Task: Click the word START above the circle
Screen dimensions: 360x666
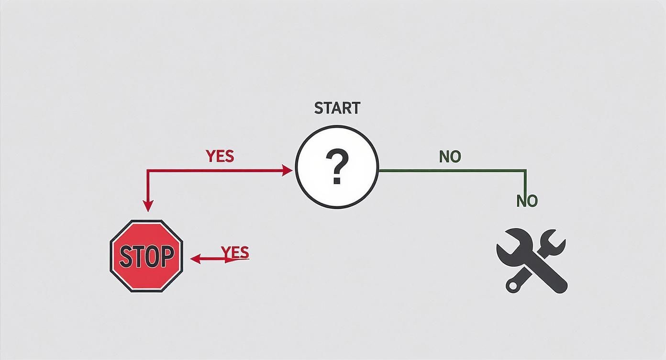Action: (x=337, y=108)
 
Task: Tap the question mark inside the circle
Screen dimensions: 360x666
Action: (x=337, y=166)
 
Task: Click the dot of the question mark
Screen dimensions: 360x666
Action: (x=337, y=180)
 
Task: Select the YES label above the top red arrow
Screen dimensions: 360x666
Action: (x=220, y=156)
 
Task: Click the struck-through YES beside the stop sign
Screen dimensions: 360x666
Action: (x=235, y=252)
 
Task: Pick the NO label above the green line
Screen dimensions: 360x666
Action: (x=450, y=157)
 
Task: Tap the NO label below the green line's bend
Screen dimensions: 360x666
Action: (x=527, y=201)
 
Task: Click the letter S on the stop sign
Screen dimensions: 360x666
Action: (x=125, y=257)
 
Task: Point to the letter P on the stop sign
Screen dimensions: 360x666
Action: (x=166, y=257)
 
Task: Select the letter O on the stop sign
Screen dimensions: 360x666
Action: (x=152, y=257)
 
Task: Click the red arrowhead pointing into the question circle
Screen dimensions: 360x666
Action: (x=288, y=170)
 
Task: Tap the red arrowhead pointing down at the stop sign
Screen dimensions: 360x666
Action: (x=148, y=206)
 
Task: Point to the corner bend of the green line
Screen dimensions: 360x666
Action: (x=526, y=170)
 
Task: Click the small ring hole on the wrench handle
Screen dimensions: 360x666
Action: (x=513, y=286)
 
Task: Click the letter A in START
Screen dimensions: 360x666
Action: (x=337, y=108)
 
